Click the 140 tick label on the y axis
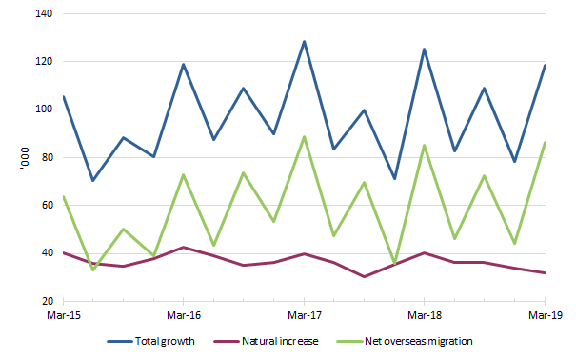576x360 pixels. (44, 14)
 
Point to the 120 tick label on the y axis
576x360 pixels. (44, 62)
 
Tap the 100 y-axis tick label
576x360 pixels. (44, 110)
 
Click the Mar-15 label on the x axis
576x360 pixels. (63, 313)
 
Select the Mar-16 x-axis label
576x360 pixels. (183, 313)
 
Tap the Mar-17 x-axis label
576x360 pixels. (303, 313)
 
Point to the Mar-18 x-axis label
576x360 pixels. (423, 313)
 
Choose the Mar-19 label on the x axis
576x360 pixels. (543, 313)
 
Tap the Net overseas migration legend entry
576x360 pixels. (419, 340)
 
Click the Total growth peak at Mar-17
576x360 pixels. (304, 42)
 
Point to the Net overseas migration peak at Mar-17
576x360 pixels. (304, 137)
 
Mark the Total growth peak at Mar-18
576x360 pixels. (424, 50)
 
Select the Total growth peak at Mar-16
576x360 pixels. (183, 65)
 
